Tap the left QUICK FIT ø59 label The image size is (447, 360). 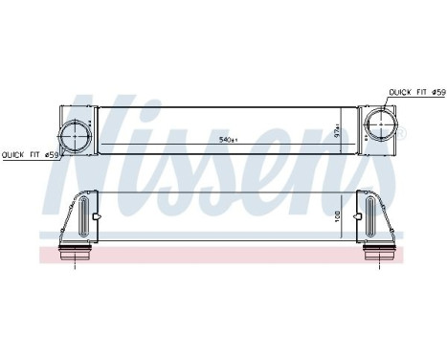coord(31,154)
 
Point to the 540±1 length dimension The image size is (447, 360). coord(229,141)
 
